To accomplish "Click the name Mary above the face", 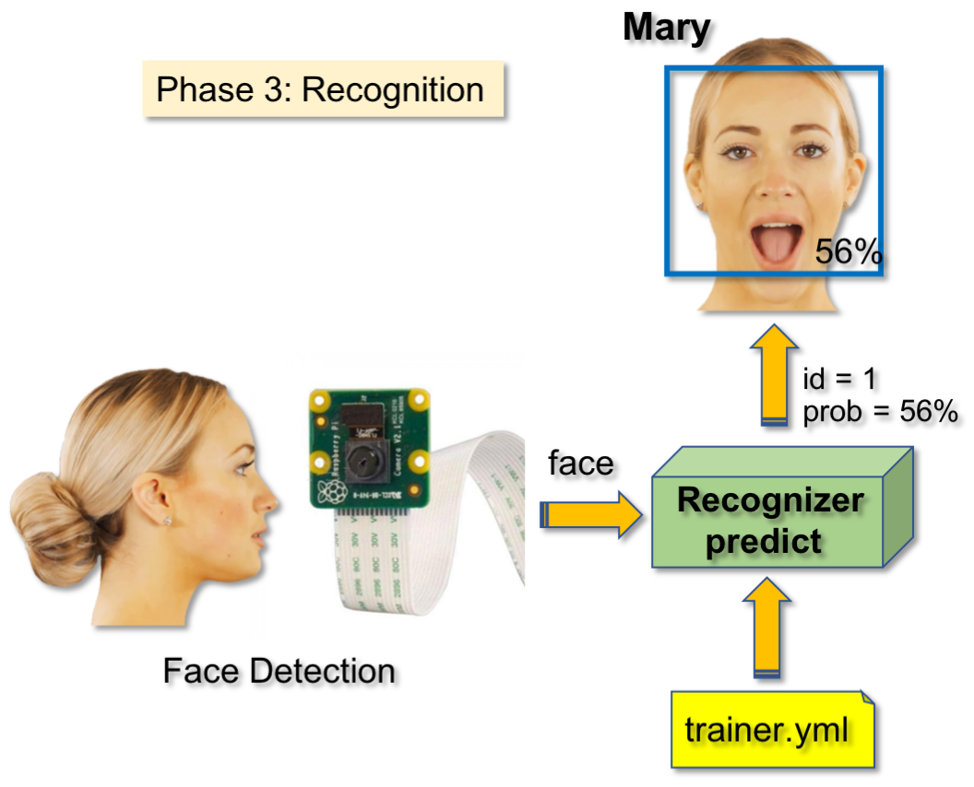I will (667, 28).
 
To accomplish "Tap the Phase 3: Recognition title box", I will (321, 90).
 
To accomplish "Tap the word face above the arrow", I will (581, 464).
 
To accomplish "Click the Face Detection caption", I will (279, 671).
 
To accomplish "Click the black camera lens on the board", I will (367, 456).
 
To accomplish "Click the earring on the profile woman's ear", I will (169, 521).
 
